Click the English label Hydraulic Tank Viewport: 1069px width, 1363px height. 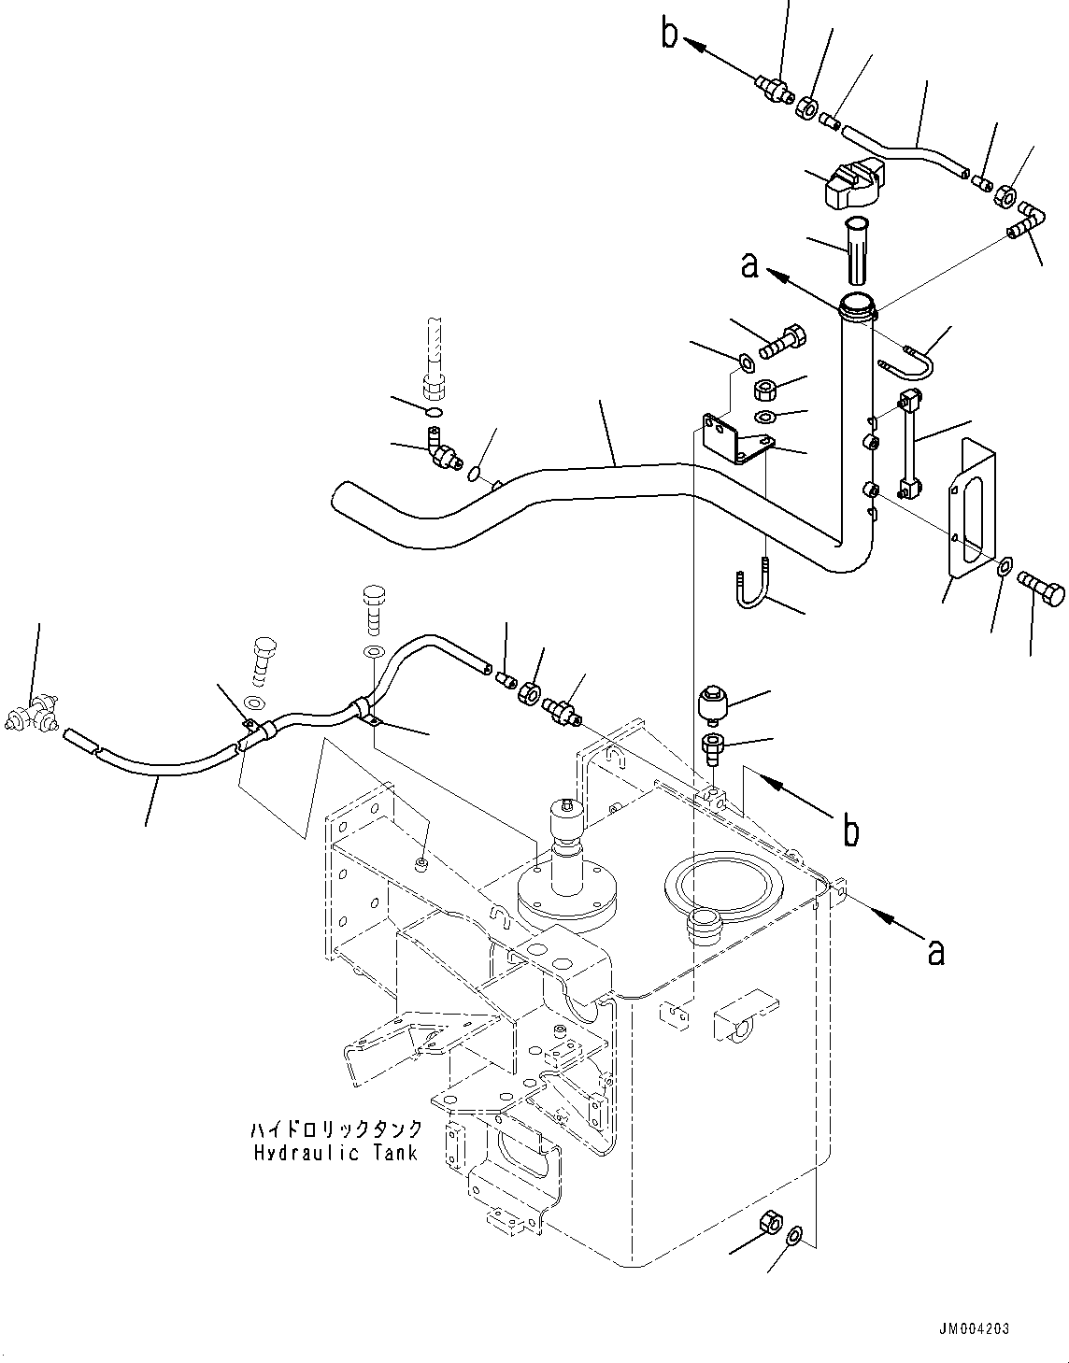[x=335, y=1153]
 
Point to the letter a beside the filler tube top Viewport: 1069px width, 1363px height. [x=748, y=265]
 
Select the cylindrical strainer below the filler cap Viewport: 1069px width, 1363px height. [x=857, y=250]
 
